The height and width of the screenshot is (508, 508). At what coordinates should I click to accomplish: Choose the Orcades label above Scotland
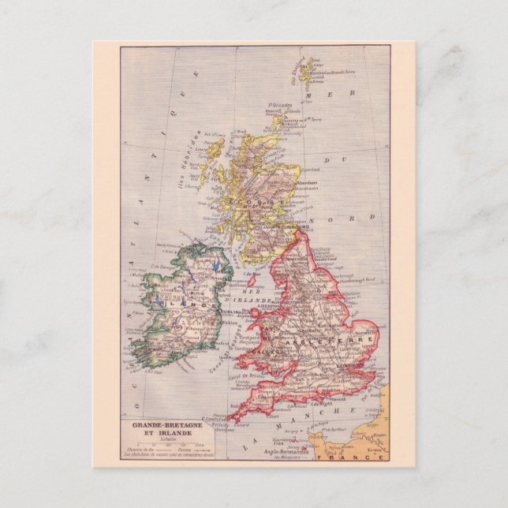click(280, 106)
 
